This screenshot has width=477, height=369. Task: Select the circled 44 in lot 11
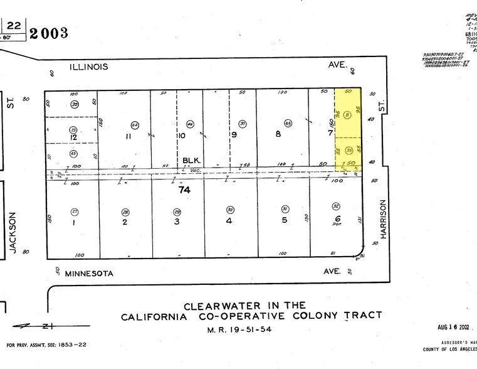[x=135, y=123]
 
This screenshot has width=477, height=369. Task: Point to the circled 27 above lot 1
[x=75, y=211]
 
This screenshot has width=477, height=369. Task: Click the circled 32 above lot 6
[x=335, y=206]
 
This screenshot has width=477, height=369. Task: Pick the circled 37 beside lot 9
[x=242, y=123]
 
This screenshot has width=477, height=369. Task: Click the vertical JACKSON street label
[x=12, y=232]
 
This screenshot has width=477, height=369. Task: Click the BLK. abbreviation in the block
[x=188, y=161]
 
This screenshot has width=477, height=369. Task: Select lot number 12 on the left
[x=73, y=137]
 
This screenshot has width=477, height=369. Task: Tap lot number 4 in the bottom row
[x=229, y=222]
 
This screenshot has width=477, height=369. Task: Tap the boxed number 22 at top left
[x=14, y=24]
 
